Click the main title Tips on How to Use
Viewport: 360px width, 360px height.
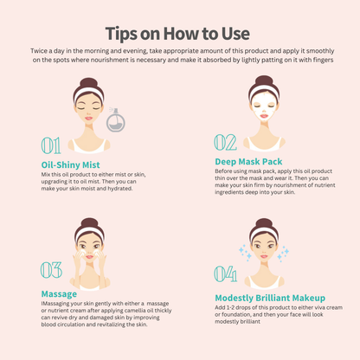[177, 34]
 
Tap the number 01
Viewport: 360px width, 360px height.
[51, 145]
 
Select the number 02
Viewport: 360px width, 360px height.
[225, 143]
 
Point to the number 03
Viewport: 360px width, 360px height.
[51, 270]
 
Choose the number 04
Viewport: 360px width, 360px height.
[226, 273]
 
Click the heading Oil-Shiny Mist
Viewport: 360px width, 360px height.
[70, 165]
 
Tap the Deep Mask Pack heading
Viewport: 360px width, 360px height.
[248, 162]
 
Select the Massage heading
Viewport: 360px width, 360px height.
[59, 294]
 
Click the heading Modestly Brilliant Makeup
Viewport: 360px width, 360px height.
[270, 298]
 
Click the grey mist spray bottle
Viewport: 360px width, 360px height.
[116, 121]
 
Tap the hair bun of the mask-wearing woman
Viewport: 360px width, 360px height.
[264, 80]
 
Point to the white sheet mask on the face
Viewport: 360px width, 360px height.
[264, 106]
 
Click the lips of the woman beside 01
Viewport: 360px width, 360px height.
[88, 119]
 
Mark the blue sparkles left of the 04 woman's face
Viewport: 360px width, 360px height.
[245, 253]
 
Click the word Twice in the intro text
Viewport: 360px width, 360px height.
[39, 51]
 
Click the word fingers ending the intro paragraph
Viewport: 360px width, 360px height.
[323, 61]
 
